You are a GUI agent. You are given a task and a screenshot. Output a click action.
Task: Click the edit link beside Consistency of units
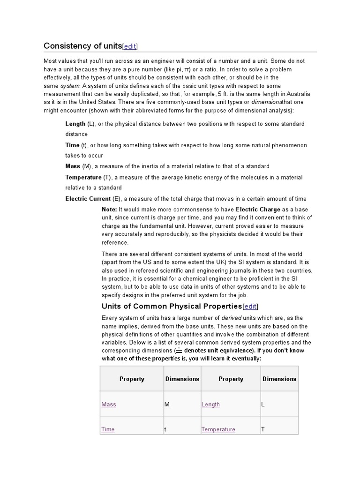pyautogui.click(x=130, y=46)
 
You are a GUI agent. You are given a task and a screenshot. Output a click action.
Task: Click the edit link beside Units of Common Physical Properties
pyautogui.click(x=250, y=306)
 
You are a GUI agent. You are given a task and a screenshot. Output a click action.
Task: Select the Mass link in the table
pyautogui.click(x=109, y=405)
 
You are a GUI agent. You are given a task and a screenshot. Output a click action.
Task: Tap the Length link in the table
pyautogui.click(x=210, y=405)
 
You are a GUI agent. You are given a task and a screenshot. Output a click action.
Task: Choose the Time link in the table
pyautogui.click(x=108, y=429)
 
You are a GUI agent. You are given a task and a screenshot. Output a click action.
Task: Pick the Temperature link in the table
pyautogui.click(x=218, y=429)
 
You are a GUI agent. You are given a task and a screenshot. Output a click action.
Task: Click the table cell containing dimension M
pyautogui.click(x=181, y=404)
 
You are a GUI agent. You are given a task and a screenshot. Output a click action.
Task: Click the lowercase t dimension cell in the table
pyautogui.click(x=181, y=429)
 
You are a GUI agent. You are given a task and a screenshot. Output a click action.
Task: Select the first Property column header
pyautogui.click(x=132, y=379)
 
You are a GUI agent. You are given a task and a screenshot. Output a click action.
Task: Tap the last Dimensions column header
pyautogui.click(x=279, y=379)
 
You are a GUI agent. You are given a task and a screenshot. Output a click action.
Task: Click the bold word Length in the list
pyautogui.click(x=75, y=124)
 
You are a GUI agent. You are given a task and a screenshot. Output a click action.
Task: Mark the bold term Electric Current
pyautogui.click(x=88, y=199)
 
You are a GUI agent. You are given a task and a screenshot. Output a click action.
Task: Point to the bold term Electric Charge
pyautogui.click(x=258, y=209)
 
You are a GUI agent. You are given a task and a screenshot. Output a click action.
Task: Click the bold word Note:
pyautogui.click(x=109, y=209)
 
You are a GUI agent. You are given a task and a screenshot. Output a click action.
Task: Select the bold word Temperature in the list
pyautogui.click(x=83, y=177)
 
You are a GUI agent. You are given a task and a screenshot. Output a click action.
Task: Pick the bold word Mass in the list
pyautogui.click(x=73, y=166)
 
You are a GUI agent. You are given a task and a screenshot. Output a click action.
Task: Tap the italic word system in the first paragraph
pyautogui.click(x=70, y=86)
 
